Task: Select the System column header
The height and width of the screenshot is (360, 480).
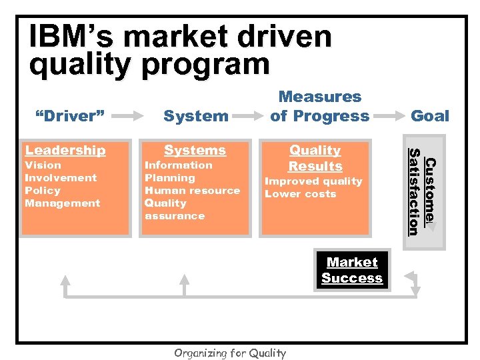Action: click(x=195, y=116)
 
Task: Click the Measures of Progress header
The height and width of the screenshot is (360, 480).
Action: click(x=319, y=107)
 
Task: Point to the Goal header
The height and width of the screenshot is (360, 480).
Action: click(x=430, y=116)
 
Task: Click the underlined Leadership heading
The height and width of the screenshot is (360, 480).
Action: click(x=65, y=151)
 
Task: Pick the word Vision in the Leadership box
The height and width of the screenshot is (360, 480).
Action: click(x=43, y=165)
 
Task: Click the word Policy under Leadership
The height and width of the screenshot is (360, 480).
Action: click(x=43, y=191)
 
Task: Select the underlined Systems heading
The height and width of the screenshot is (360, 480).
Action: click(x=195, y=151)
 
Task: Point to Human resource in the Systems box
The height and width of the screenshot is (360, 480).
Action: click(x=192, y=191)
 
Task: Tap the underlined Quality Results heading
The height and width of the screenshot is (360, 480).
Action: click(x=315, y=159)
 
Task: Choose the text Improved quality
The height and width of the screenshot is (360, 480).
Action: click(x=313, y=181)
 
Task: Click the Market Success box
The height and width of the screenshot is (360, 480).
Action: click(x=352, y=271)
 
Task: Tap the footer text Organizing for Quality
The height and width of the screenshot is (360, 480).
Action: click(x=229, y=353)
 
